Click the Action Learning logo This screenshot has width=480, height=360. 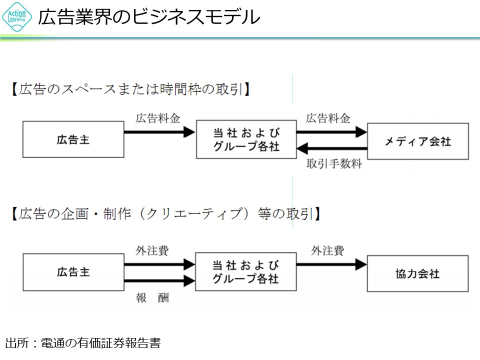pyautogui.click(x=17, y=17)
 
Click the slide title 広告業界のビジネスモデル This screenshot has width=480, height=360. pyautogui.click(x=149, y=17)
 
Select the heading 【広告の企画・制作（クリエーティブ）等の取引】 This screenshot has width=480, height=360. pyautogui.click(x=165, y=214)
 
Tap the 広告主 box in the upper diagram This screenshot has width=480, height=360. pyautogui.click(x=73, y=140)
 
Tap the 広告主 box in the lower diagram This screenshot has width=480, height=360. pyautogui.click(x=73, y=272)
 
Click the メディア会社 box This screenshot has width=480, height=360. pyautogui.click(x=418, y=141)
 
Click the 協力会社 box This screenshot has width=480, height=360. pyautogui.click(x=418, y=273)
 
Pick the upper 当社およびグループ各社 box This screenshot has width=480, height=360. pyautogui.click(x=246, y=139)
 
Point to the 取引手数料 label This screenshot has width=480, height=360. pyautogui.click(x=334, y=164)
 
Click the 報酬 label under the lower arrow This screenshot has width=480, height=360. pyautogui.click(x=152, y=298)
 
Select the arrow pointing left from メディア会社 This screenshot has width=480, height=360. pyautogui.click(x=332, y=148)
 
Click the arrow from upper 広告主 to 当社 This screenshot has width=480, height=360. pyautogui.click(x=159, y=132)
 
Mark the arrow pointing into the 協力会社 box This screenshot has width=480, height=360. pyautogui.click(x=331, y=264)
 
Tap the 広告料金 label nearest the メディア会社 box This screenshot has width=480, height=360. pyautogui.click(x=328, y=118)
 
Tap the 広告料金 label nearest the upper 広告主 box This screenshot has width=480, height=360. pyautogui.click(x=157, y=118)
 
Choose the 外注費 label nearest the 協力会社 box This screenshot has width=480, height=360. pyautogui.click(x=327, y=250)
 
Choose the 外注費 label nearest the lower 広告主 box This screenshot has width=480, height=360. pyautogui.click(x=152, y=250)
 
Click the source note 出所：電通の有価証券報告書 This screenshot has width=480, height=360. pyautogui.click(x=83, y=343)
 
